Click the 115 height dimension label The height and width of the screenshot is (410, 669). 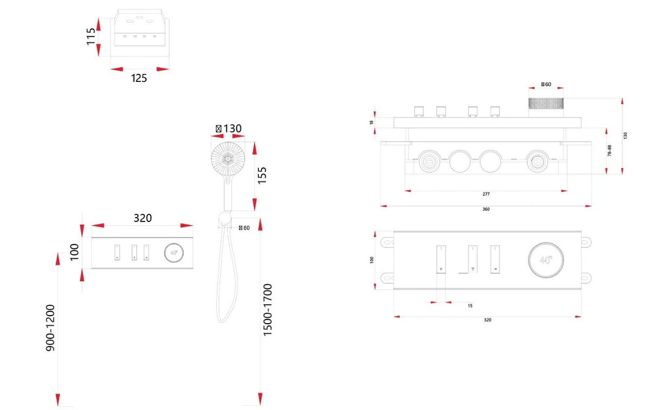tap(91, 36)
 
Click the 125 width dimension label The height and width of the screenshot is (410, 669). tap(139, 78)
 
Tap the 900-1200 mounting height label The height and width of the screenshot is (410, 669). tap(50, 328)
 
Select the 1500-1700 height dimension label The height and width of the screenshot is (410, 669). tap(267, 310)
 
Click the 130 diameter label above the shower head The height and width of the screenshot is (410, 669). tap(229, 129)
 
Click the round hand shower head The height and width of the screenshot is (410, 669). tap(229, 159)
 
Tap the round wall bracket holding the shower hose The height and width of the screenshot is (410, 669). tap(224, 219)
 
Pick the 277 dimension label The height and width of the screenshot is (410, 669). tap(486, 194)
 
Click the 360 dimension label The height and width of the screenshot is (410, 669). tap(486, 209)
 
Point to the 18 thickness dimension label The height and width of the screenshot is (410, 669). tap(371, 123)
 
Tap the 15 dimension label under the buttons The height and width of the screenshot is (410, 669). tap(470, 305)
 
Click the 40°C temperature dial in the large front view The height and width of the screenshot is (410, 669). tap(546, 260)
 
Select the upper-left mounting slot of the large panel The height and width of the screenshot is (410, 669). tap(386, 242)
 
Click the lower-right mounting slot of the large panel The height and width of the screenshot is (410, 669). tap(587, 277)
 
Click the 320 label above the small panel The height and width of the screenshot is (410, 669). tap(143, 218)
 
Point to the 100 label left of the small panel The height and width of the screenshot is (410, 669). tap(74, 252)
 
